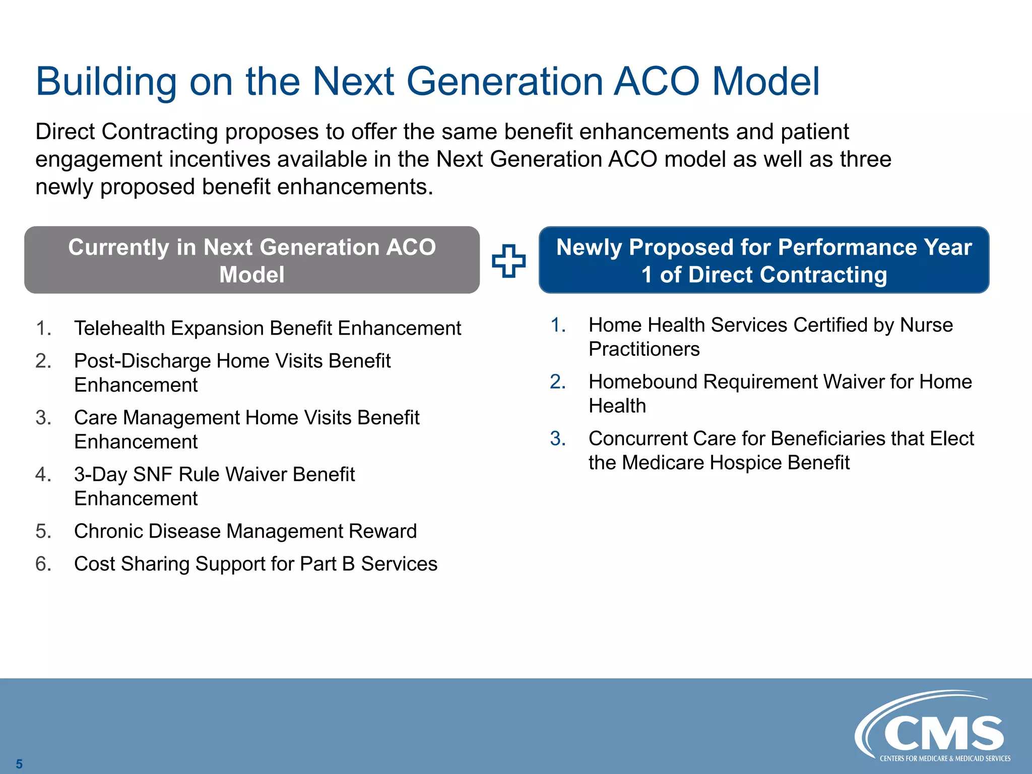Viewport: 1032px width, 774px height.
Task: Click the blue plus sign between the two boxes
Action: pyautogui.click(x=508, y=261)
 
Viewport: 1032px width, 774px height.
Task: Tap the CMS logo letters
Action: pyautogui.click(x=944, y=734)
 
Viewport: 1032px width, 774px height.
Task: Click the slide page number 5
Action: pyautogui.click(x=19, y=763)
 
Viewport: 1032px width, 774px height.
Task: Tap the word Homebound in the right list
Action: pyautogui.click(x=643, y=382)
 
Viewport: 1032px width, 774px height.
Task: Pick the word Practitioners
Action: pyautogui.click(x=644, y=349)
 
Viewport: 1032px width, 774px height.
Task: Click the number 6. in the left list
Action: pyautogui.click(x=43, y=564)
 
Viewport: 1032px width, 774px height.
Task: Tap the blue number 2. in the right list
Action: pyautogui.click(x=558, y=382)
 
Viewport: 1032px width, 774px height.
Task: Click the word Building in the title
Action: pyautogui.click(x=106, y=82)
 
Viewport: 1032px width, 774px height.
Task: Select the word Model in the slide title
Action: pyautogui.click(x=766, y=82)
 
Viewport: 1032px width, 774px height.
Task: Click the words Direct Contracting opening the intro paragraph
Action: pyautogui.click(x=126, y=132)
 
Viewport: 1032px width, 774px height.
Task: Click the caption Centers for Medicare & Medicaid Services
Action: pyautogui.click(x=945, y=758)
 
